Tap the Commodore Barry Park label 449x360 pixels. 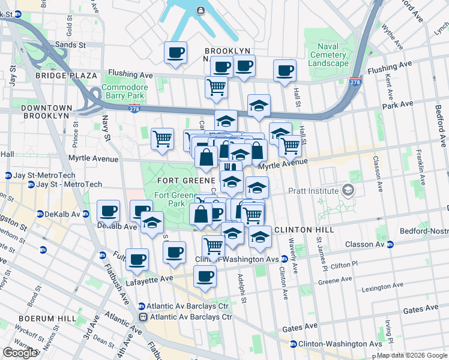[124, 91]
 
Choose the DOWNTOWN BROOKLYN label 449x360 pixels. [45, 112]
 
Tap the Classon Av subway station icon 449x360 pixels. [390, 244]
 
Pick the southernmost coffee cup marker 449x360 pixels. [205, 277]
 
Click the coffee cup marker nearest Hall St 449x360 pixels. [285, 71]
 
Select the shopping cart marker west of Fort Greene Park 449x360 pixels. [162, 139]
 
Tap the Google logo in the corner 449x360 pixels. [20, 353]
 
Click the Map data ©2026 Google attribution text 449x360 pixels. [411, 355]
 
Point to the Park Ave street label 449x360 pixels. [398, 104]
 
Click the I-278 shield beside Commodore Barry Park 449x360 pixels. [134, 108]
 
